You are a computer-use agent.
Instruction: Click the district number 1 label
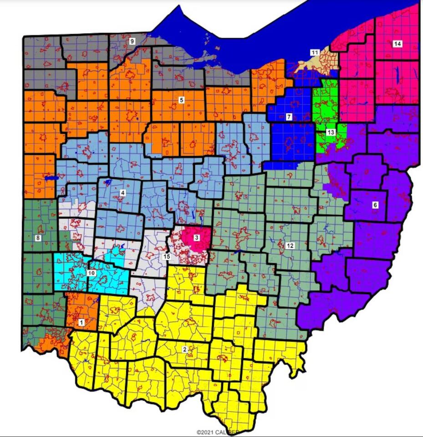click(x=82, y=322)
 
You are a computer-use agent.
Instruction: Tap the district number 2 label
click(x=184, y=349)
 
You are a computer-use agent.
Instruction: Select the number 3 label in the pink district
click(x=196, y=237)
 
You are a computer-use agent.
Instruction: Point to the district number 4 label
click(x=122, y=193)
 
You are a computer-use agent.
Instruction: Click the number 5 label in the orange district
click(x=181, y=100)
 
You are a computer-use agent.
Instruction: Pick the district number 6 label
click(x=375, y=205)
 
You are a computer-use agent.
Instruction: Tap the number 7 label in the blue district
click(x=289, y=117)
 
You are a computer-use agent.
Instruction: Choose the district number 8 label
click(x=38, y=238)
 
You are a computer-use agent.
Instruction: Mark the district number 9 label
click(x=132, y=41)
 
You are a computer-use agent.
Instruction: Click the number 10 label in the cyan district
click(x=91, y=273)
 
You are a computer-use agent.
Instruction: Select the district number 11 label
click(x=315, y=53)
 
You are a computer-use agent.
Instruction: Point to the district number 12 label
click(x=290, y=246)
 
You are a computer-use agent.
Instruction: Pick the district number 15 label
click(x=167, y=257)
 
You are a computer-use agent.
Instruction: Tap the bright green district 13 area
click(x=327, y=105)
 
